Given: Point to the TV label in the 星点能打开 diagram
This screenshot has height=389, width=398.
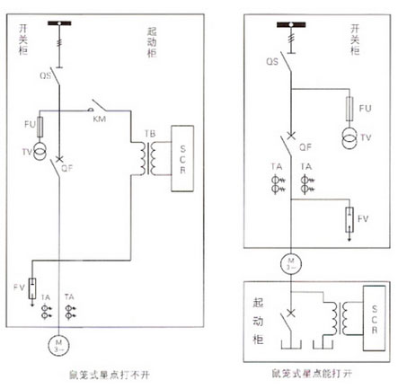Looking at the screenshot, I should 367,137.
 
